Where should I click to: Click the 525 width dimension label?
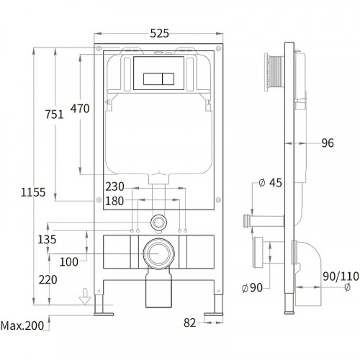pyautogui.click(x=159, y=33)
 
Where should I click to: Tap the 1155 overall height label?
pyautogui.click(x=33, y=192)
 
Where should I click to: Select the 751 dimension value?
pyautogui.click(x=55, y=114)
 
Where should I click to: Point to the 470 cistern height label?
pyautogui.click(x=80, y=109)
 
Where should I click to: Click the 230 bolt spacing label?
pyautogui.click(x=114, y=186)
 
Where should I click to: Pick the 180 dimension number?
pyautogui.click(x=114, y=201)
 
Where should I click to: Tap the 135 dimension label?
pyautogui.click(x=47, y=239)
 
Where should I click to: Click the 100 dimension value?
pyautogui.click(x=68, y=261)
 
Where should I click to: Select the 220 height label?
pyautogui.click(x=48, y=279)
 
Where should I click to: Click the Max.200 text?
pyautogui.click(x=22, y=325)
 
